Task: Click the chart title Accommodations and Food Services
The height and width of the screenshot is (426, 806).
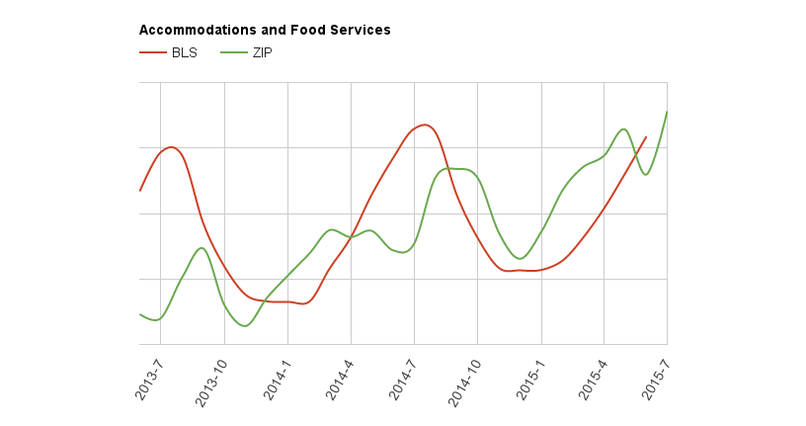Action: point(265,31)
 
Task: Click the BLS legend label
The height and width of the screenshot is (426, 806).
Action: point(185,53)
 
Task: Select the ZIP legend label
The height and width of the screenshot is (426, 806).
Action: point(262,53)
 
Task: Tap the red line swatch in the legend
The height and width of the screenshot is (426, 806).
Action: point(153,53)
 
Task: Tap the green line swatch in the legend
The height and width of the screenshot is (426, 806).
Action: point(232,53)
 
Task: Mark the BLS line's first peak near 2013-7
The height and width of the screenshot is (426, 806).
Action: point(172,147)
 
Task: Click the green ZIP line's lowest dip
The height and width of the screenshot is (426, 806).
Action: point(243,325)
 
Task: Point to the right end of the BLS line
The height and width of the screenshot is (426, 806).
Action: point(646,137)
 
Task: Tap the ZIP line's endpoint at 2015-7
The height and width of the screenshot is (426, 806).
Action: point(667,112)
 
